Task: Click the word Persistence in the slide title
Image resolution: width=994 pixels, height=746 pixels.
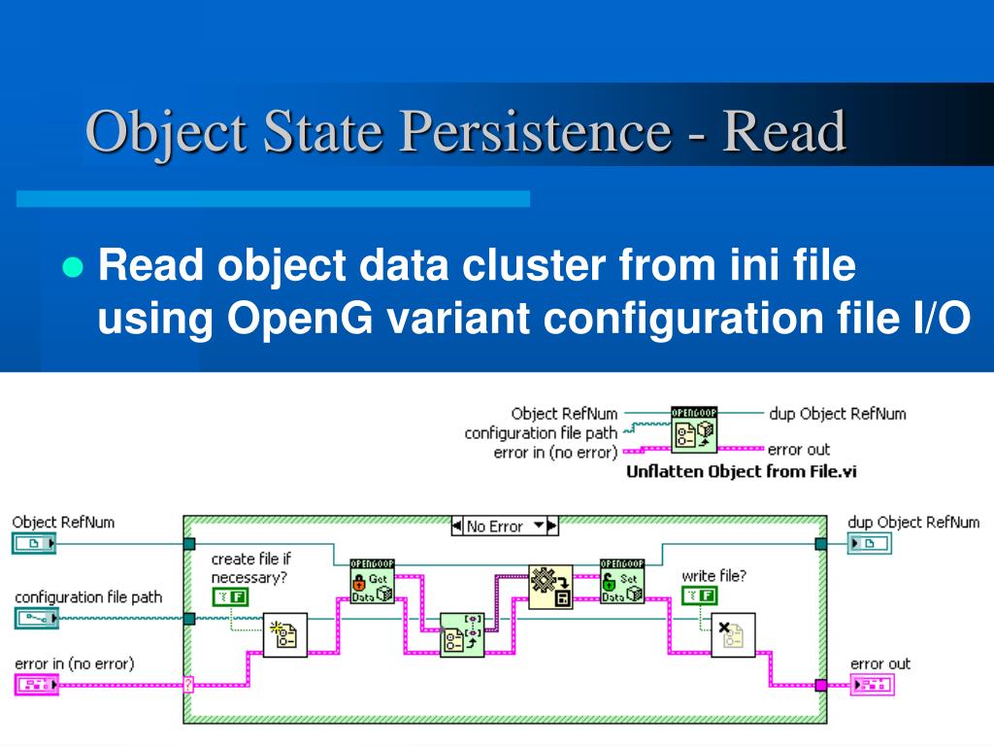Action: [536, 131]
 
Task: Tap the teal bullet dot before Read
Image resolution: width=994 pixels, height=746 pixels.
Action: [74, 268]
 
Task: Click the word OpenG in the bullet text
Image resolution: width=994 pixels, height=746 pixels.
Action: [300, 318]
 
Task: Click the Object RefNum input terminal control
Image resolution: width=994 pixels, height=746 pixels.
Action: [34, 544]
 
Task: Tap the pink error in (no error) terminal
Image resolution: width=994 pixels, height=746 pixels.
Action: [37, 685]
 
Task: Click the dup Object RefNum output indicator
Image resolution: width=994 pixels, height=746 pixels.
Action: [870, 543]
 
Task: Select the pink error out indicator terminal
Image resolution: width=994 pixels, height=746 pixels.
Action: [873, 685]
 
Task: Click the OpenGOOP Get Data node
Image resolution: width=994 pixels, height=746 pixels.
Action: [372, 581]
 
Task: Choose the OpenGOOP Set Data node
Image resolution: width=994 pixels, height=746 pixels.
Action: [622, 581]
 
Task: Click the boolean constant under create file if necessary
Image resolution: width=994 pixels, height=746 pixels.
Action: [230, 597]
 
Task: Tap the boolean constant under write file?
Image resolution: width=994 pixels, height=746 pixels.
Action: [700, 595]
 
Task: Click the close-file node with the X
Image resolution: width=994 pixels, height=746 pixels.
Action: [733, 635]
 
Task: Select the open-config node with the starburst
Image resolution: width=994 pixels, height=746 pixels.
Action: [285, 635]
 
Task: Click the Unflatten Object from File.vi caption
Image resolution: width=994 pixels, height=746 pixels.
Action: [741, 471]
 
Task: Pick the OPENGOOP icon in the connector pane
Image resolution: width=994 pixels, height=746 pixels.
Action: [694, 429]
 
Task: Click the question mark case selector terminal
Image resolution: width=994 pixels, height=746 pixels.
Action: [188, 685]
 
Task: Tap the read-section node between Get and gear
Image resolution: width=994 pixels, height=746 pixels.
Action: [462, 635]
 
